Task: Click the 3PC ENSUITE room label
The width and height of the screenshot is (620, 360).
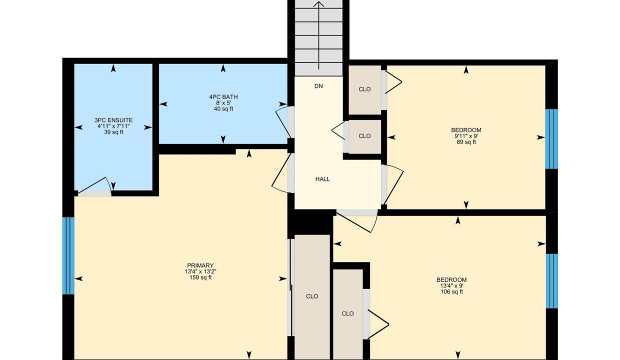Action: (113, 120)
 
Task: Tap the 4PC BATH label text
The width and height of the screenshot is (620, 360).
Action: (223, 97)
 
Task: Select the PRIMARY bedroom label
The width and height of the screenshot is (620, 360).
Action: (200, 265)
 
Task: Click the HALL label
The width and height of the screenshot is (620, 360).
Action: (322, 179)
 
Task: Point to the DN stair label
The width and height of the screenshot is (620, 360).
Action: (318, 86)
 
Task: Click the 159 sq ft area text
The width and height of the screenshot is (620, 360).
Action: (200, 277)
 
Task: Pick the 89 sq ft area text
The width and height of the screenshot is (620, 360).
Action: (466, 142)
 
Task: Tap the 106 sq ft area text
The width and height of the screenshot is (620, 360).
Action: (451, 291)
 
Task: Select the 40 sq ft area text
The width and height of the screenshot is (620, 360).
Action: (223, 109)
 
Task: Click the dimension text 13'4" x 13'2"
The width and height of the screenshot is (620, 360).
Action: (200, 271)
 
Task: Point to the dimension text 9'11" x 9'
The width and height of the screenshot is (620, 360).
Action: (466, 136)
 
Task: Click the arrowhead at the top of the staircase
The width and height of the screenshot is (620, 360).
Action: (319, 3)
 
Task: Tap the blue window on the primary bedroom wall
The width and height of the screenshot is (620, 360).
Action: (68, 255)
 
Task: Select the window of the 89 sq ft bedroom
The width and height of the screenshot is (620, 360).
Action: (551, 139)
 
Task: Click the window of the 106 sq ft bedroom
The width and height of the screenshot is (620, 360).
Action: (551, 281)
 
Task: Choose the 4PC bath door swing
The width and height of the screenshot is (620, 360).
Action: (282, 122)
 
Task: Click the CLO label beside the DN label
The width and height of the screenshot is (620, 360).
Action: (364, 89)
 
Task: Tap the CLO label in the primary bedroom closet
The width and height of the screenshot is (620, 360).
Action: (312, 296)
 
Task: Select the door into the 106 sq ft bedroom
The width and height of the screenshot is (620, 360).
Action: (357, 221)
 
